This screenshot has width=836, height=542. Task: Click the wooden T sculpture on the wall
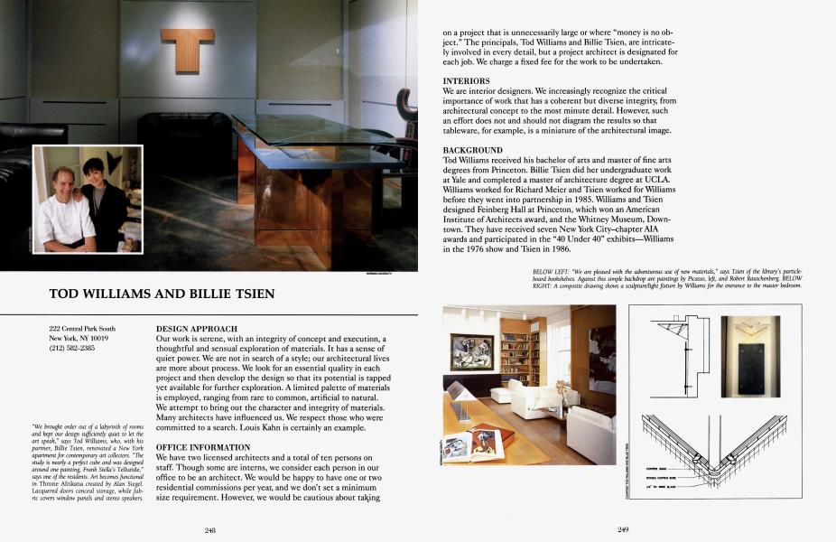click(188, 50)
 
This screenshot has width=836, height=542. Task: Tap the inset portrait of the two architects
click(88, 199)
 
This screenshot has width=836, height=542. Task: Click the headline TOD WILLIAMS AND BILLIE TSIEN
click(162, 294)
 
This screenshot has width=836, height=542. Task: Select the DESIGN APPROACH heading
click(197, 329)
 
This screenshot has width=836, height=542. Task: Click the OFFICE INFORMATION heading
click(203, 448)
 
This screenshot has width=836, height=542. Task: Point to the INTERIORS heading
click(467, 81)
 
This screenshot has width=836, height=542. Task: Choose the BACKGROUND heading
click(473, 150)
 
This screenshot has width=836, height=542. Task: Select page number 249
click(623, 529)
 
